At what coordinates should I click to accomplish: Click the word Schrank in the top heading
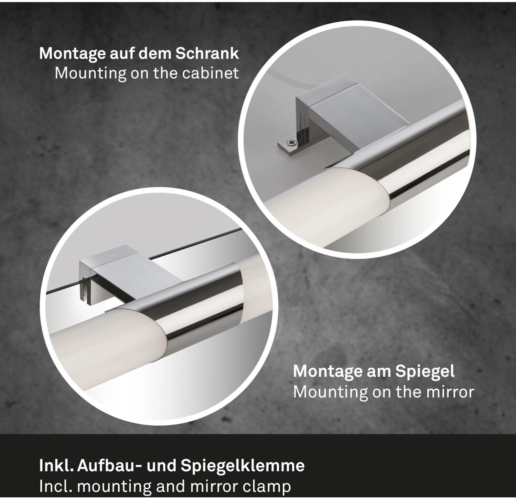pos(207,54)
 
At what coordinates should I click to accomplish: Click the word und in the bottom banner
pos(161,466)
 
